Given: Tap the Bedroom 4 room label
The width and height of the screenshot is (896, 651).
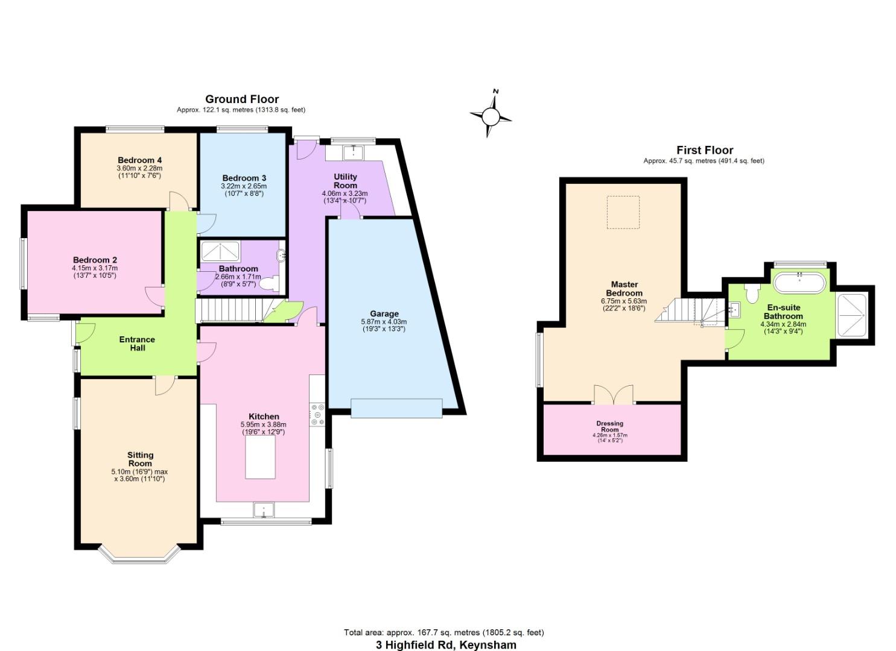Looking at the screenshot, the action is pyautogui.click(x=139, y=160).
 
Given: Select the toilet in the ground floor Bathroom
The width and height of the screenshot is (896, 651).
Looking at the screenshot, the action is pyautogui.click(x=270, y=284).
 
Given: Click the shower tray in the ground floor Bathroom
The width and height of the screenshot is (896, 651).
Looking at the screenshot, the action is pyautogui.click(x=220, y=251).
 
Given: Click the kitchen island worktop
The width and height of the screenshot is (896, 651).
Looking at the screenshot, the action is pyautogui.click(x=260, y=457).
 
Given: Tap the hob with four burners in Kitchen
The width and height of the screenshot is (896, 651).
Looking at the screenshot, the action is pyautogui.click(x=317, y=415).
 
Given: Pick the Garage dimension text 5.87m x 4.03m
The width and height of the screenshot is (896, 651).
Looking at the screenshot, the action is pyautogui.click(x=384, y=321).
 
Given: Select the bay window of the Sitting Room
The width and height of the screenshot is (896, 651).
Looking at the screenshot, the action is pyautogui.click(x=139, y=555).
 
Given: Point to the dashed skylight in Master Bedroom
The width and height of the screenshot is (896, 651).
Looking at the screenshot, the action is pyautogui.click(x=623, y=212).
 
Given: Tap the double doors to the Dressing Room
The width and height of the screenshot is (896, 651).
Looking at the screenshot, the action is pyautogui.click(x=614, y=394).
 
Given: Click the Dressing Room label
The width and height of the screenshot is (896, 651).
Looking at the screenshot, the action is pyautogui.click(x=610, y=426).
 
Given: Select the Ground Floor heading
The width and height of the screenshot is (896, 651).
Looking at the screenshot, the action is pyautogui.click(x=242, y=99).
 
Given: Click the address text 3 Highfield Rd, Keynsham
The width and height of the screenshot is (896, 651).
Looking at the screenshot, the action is pyautogui.click(x=446, y=644).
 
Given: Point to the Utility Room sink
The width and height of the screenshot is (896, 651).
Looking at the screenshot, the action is pyautogui.click(x=353, y=153).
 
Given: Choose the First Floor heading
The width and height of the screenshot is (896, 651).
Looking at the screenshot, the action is pyautogui.click(x=705, y=150).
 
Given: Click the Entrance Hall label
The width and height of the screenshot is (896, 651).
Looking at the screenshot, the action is pyautogui.click(x=137, y=344).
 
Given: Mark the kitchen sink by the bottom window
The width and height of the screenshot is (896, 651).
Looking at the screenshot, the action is pyautogui.click(x=264, y=510).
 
